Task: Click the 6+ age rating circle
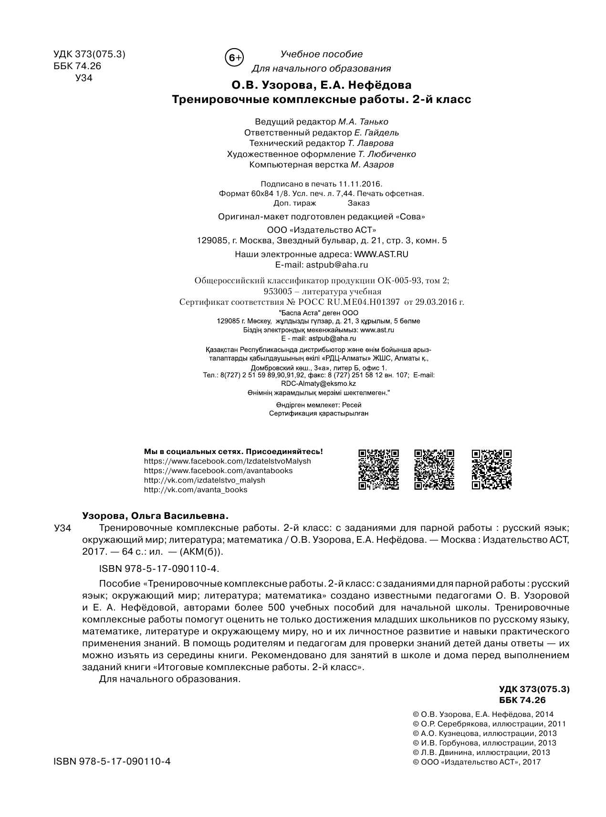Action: click(234, 58)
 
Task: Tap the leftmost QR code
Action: click(378, 469)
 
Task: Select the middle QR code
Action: click(434, 469)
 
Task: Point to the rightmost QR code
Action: click(491, 469)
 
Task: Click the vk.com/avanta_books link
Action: click(196, 489)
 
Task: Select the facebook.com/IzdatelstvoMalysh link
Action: click(227, 461)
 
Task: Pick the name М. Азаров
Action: click(372, 165)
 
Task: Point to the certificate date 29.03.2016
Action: click(434, 302)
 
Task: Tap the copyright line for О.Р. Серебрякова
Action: click(489, 724)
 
